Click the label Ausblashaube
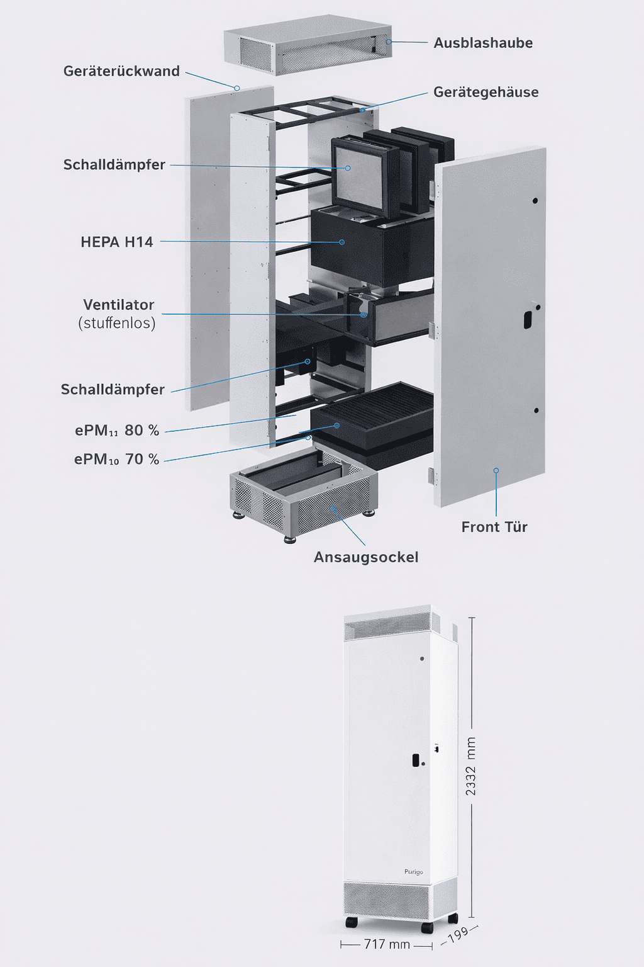click(483, 43)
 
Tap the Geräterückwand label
click(121, 71)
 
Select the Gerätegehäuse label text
click(486, 92)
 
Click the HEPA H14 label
click(117, 242)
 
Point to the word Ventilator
click(118, 305)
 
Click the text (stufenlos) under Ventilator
click(117, 323)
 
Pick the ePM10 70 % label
click(117, 460)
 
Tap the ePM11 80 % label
click(117, 431)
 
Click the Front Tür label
click(494, 527)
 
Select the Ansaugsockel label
click(366, 557)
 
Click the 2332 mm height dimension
click(470, 766)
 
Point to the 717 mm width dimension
click(387, 944)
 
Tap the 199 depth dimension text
click(458, 934)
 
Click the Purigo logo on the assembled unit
click(414, 872)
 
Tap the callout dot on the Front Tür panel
click(496, 470)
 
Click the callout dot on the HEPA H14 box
click(342, 242)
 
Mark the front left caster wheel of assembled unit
click(352, 922)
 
